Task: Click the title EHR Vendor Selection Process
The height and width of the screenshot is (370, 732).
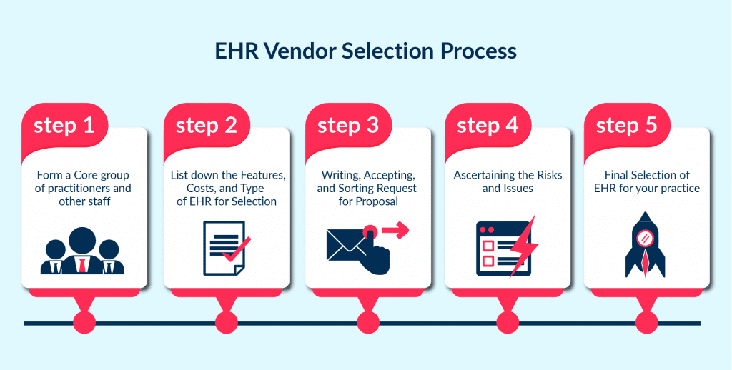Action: (365, 51)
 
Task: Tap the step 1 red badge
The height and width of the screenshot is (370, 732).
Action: (65, 126)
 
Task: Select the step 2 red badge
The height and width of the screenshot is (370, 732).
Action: (207, 126)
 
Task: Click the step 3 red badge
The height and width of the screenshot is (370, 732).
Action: (348, 126)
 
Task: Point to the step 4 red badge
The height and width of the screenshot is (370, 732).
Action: (488, 126)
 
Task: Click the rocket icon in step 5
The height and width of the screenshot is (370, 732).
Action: (645, 244)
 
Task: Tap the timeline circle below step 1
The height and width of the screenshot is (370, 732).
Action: (84, 324)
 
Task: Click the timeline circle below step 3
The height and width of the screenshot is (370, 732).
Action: (367, 324)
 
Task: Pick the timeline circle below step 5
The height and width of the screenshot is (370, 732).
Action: (646, 324)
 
